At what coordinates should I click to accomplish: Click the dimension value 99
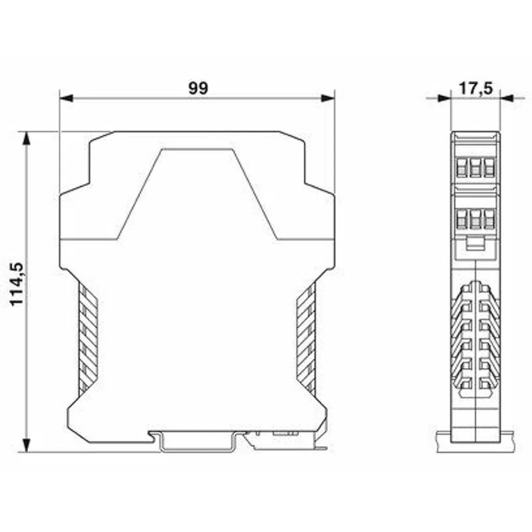[198, 88]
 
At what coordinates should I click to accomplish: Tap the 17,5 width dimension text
[475, 89]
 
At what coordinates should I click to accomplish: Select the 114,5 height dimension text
[17, 284]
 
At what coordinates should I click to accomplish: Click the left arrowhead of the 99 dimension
[66, 98]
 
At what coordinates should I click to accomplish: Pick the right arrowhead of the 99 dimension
[328, 98]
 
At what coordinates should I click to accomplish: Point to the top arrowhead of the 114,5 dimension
[26, 138]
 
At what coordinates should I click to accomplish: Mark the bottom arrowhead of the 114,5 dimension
[26, 445]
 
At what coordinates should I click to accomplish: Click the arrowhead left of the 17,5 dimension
[444, 98]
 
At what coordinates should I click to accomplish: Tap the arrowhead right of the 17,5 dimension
[507, 98]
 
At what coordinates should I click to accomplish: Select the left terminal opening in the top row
[461, 168]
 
